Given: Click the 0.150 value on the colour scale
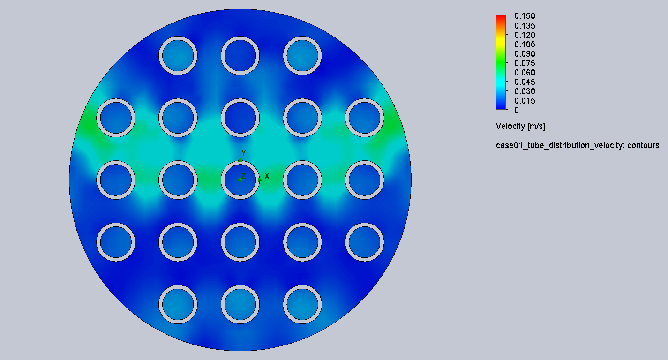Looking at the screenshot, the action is [x=525, y=16].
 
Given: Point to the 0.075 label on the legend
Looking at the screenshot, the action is [x=525, y=63].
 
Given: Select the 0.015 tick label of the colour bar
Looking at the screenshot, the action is [x=525, y=101].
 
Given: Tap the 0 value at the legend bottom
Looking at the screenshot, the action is [x=517, y=110].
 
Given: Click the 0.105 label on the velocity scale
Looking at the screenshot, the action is [x=525, y=45].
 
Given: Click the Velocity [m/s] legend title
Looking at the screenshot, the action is [x=520, y=126].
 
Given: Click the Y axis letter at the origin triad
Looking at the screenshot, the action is [x=244, y=153].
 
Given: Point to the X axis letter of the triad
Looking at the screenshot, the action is [x=267, y=176].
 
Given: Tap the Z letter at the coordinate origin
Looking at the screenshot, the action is [x=243, y=176].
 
